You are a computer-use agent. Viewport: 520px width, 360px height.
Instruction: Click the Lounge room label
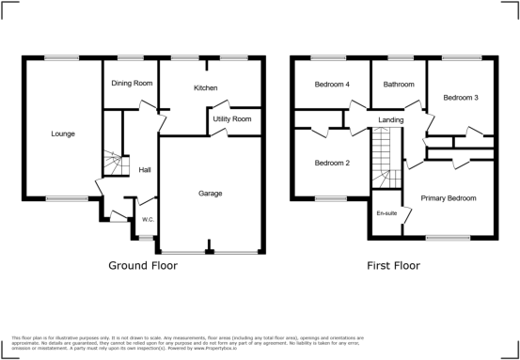[x=62, y=133]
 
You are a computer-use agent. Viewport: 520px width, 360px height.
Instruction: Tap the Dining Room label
[x=133, y=84]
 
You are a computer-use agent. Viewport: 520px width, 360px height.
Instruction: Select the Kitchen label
[x=205, y=87]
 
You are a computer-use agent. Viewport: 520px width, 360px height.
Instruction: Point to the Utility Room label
[x=231, y=119]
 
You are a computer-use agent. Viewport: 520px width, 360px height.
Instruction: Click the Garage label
[x=210, y=193]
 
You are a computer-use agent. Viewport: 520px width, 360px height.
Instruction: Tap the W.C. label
[x=148, y=220]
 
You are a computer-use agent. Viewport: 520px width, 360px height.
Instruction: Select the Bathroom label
[x=398, y=85]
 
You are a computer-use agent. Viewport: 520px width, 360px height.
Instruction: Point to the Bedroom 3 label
[x=461, y=97]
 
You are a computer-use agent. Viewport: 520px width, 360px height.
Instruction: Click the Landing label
[x=391, y=120]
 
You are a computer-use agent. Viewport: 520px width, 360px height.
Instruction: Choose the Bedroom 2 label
[x=331, y=163]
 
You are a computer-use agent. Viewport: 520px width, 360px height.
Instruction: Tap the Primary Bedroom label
[x=448, y=198]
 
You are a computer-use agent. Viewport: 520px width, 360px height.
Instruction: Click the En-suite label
[x=386, y=214]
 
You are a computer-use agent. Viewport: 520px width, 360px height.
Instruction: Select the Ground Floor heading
[x=143, y=265]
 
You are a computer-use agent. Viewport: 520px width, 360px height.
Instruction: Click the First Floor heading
[x=392, y=265]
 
